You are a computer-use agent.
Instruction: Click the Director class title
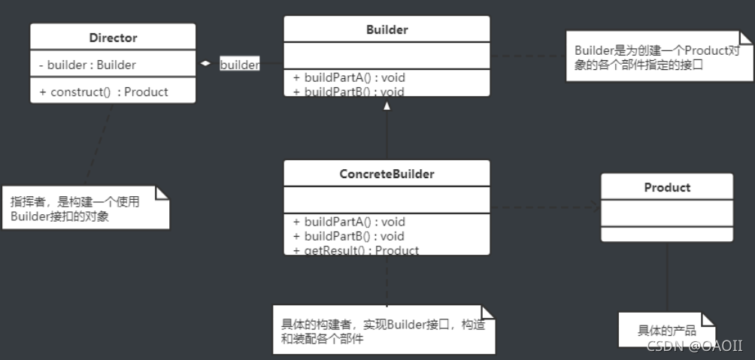(x=113, y=38)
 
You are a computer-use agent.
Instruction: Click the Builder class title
(x=387, y=30)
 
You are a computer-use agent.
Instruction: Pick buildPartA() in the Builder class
(x=350, y=77)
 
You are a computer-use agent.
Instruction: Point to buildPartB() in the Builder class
(x=350, y=91)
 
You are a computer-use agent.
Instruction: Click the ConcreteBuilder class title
(x=387, y=174)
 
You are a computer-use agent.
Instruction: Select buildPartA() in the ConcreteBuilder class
(x=350, y=222)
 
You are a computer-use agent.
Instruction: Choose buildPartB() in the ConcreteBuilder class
(x=350, y=236)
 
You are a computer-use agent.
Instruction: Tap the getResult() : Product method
(x=356, y=250)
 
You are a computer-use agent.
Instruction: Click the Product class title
(x=667, y=187)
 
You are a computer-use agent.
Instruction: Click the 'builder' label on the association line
(x=239, y=65)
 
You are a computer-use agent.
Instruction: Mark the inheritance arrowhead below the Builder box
(x=387, y=107)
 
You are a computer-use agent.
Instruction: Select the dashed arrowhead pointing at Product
(x=596, y=208)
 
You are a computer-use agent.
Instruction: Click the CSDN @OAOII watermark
(x=694, y=346)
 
